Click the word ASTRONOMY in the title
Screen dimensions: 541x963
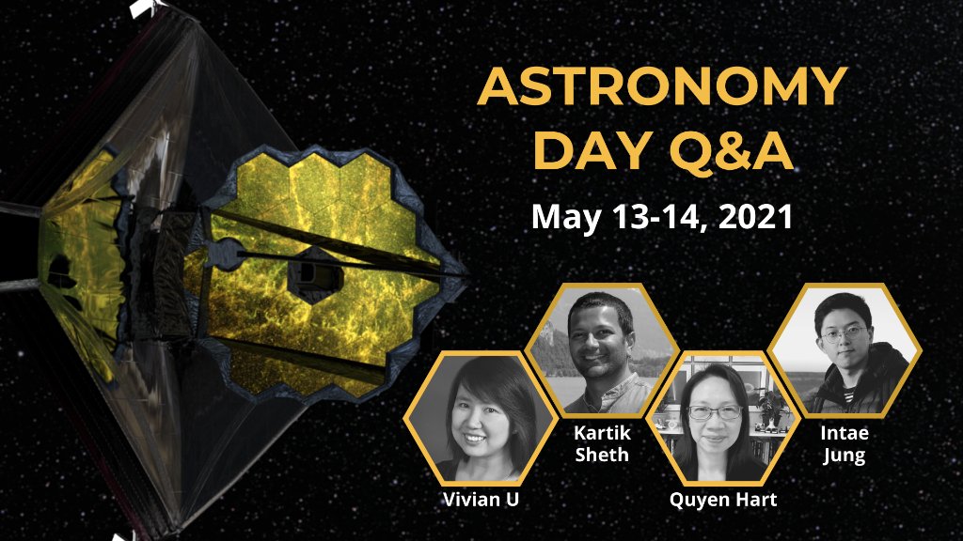(x=663, y=89)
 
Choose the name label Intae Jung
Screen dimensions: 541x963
(x=844, y=445)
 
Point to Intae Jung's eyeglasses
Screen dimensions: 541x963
(x=842, y=333)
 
